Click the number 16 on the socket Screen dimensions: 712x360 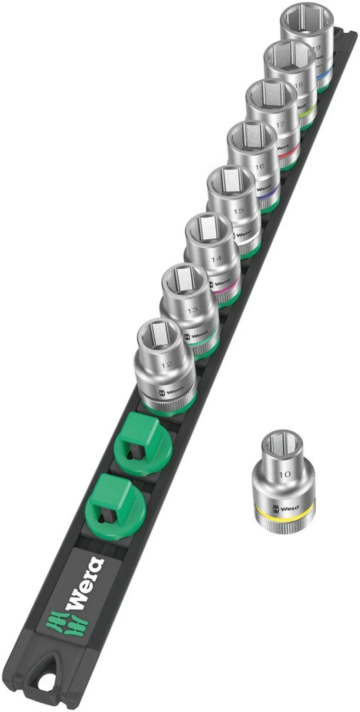259,167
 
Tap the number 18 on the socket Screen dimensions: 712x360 298,85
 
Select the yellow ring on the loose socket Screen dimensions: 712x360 284,515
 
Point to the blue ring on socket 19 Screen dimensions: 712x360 324,75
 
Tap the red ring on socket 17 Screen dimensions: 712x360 288,153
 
